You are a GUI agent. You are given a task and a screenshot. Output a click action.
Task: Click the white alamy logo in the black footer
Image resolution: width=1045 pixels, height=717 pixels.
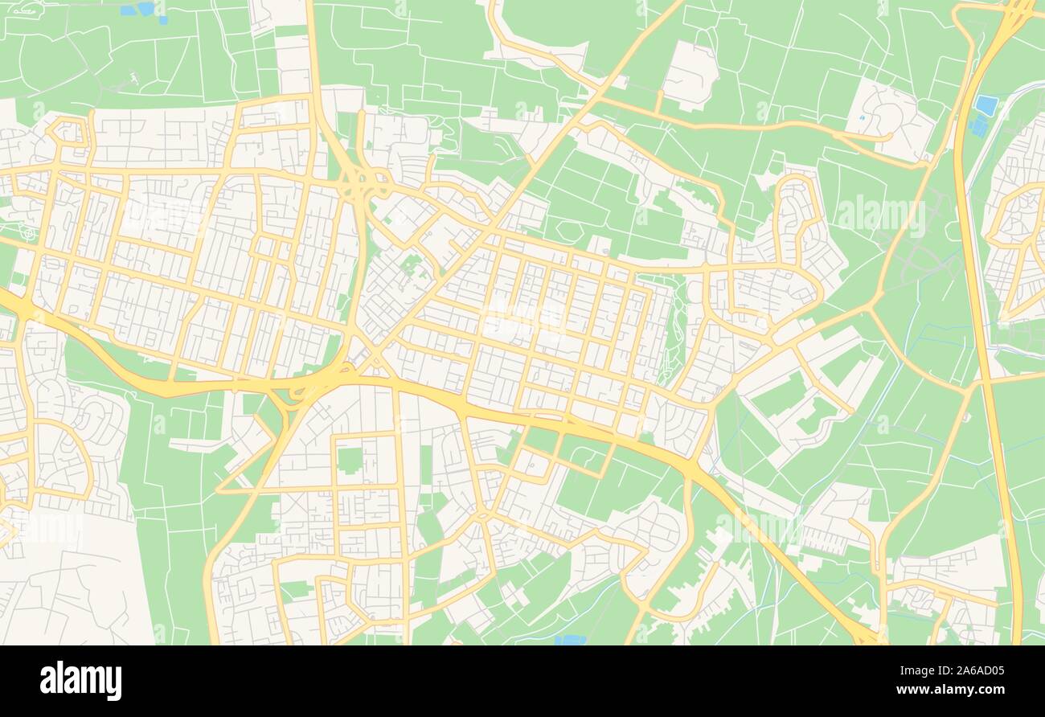click(80, 680)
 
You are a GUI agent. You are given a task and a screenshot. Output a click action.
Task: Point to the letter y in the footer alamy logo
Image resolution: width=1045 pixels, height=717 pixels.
click(115, 683)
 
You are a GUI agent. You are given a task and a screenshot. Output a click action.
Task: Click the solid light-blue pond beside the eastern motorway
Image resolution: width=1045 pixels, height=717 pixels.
click(986, 105)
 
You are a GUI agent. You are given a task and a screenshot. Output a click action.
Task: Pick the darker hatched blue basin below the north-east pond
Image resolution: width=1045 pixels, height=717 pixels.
click(977, 126)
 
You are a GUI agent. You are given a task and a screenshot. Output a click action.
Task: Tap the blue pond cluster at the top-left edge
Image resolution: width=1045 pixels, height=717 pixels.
click(138, 10)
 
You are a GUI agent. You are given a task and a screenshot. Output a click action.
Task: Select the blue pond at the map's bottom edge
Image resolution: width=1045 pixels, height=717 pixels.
click(570, 640)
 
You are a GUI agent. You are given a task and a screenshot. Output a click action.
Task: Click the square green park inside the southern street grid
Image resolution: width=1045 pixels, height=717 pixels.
click(349, 460)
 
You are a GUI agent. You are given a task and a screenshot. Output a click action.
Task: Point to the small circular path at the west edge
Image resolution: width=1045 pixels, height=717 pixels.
click(29, 234)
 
